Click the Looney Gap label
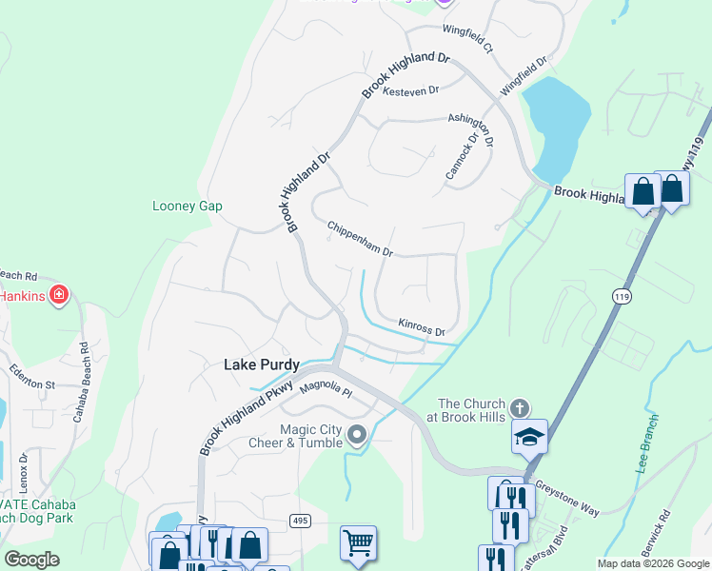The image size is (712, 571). [x=187, y=206]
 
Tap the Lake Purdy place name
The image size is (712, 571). [x=261, y=364]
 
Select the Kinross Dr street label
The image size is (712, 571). [x=422, y=327]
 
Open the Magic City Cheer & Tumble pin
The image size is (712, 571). [x=357, y=436]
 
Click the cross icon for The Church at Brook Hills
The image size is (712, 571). [x=519, y=407]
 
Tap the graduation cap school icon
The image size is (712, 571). [x=530, y=436]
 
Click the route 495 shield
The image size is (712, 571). [x=301, y=520]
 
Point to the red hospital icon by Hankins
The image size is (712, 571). [x=59, y=295]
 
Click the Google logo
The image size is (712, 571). [x=32, y=559]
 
